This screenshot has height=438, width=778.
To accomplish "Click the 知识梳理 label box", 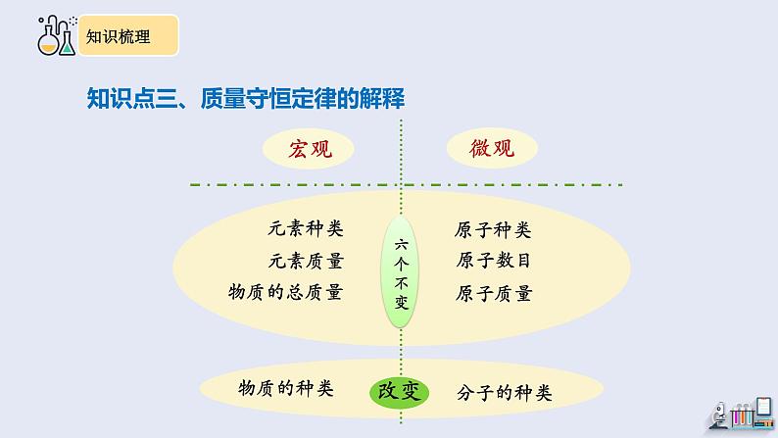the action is (128, 37).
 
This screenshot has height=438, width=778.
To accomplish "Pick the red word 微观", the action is (490, 149).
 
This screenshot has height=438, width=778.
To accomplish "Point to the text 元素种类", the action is (305, 229).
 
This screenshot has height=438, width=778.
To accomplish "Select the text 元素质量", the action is (305, 261).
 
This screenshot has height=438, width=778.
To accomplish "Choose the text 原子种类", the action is (493, 231).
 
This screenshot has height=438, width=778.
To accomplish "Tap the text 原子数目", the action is (493, 261).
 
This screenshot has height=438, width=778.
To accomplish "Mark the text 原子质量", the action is (493, 292).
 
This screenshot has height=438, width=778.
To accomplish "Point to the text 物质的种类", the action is (286, 388).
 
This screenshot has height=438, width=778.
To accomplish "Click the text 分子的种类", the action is (505, 393).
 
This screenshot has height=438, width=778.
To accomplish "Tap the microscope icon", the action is (718, 415).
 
